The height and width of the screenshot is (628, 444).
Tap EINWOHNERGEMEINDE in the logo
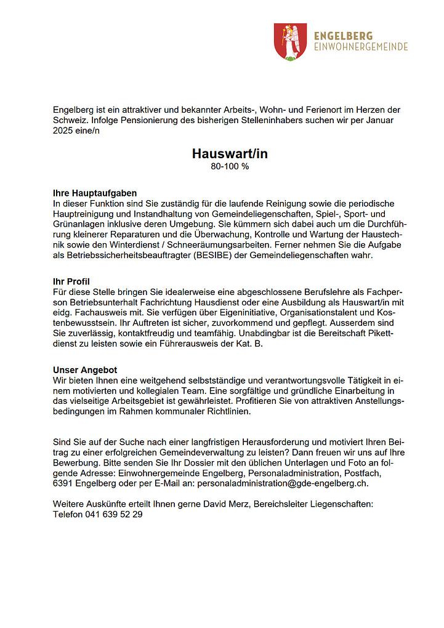[x=361, y=47]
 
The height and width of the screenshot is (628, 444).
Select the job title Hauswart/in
[x=229, y=154]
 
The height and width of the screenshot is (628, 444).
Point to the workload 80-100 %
[x=229, y=166]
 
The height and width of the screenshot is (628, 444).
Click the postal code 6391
[x=63, y=484]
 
